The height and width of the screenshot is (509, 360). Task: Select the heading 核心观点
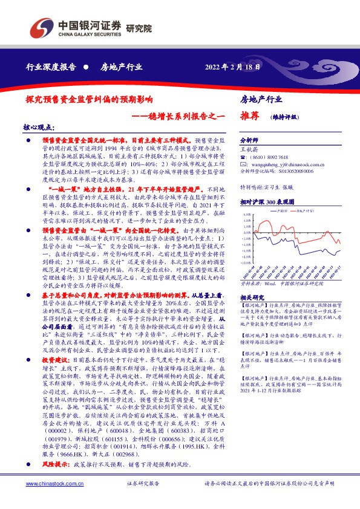pos(38,128)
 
